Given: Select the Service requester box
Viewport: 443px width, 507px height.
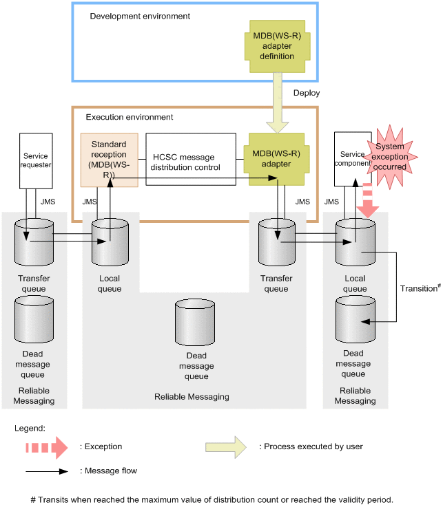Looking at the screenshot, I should coord(35,160).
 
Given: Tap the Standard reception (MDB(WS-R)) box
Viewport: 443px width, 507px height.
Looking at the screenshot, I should coord(108,160).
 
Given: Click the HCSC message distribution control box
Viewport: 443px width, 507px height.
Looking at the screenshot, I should coord(190,160).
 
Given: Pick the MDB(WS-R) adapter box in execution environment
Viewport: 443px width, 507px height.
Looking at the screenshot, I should coord(277,160).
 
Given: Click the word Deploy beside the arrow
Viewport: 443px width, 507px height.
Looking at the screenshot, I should coord(307,93).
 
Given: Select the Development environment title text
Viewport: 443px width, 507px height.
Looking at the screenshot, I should coord(140,16).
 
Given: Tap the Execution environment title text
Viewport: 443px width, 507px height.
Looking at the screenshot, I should coord(130,117).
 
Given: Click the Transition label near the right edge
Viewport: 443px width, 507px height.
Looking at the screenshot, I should coord(418,288).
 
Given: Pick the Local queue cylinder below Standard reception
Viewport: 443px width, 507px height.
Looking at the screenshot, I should coord(110,244).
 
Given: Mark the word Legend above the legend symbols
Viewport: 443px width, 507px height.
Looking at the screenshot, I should coord(30,428).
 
